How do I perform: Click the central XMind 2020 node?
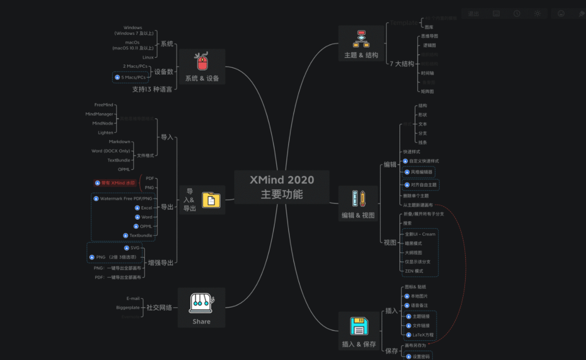282,187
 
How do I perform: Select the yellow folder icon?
211,200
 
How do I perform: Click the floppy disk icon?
359,327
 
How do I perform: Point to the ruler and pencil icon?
358,198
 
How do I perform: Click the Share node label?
201,322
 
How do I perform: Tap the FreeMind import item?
104,105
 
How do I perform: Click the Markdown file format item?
119,142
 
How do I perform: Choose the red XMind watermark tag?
115,183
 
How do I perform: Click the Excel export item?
146,208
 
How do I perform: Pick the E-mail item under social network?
133,298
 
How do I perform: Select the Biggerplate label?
128,307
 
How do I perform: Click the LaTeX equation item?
423,335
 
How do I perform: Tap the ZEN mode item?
414,271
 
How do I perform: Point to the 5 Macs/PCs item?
133,77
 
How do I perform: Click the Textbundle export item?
140,235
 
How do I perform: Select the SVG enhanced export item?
135,248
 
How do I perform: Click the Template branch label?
403,23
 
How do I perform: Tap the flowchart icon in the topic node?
361,38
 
